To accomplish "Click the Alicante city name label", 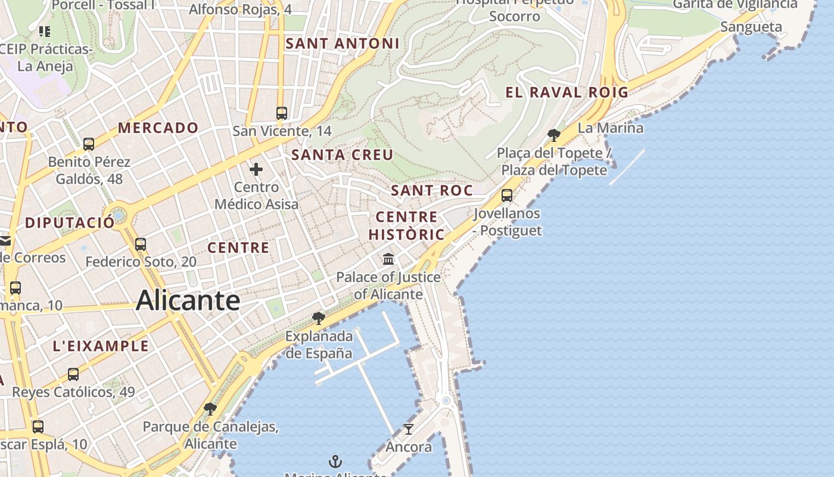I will click(x=188, y=300).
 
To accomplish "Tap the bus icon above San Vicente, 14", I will click(x=282, y=113).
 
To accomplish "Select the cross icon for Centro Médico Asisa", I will click(x=256, y=169).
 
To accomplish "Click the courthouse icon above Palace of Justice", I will click(x=389, y=259).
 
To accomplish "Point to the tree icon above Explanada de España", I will click(x=319, y=318).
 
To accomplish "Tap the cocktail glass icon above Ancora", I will click(x=409, y=429).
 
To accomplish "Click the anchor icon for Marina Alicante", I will click(x=335, y=461).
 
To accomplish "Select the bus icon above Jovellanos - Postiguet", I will click(x=507, y=195).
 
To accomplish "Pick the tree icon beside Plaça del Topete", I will click(x=554, y=135).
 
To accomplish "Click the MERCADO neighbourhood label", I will click(x=158, y=128).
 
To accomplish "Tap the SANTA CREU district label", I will click(x=342, y=155).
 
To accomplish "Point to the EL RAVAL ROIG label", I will click(x=567, y=92).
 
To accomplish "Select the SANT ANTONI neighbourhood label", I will click(x=342, y=44).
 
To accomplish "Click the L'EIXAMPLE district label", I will click(x=101, y=346).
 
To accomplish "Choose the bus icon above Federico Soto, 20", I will click(x=141, y=244).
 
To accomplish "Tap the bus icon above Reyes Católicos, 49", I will click(x=73, y=374).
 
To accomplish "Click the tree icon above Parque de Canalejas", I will click(x=210, y=409).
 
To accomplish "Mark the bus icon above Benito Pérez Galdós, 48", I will click(x=89, y=144).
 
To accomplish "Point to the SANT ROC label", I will click(x=431, y=191).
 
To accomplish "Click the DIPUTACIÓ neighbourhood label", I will click(x=70, y=223).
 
